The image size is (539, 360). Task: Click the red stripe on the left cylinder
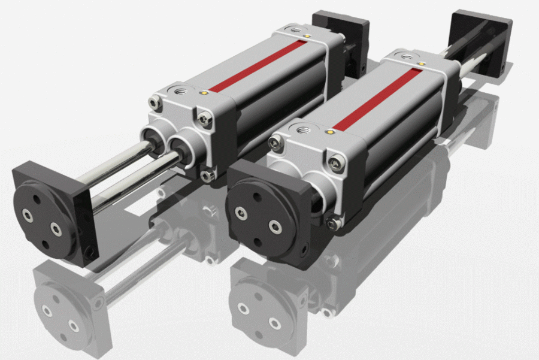258,66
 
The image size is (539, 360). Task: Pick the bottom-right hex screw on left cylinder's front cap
208,174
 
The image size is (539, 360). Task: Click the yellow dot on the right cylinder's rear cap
422,62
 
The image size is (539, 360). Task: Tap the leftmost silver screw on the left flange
27,213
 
